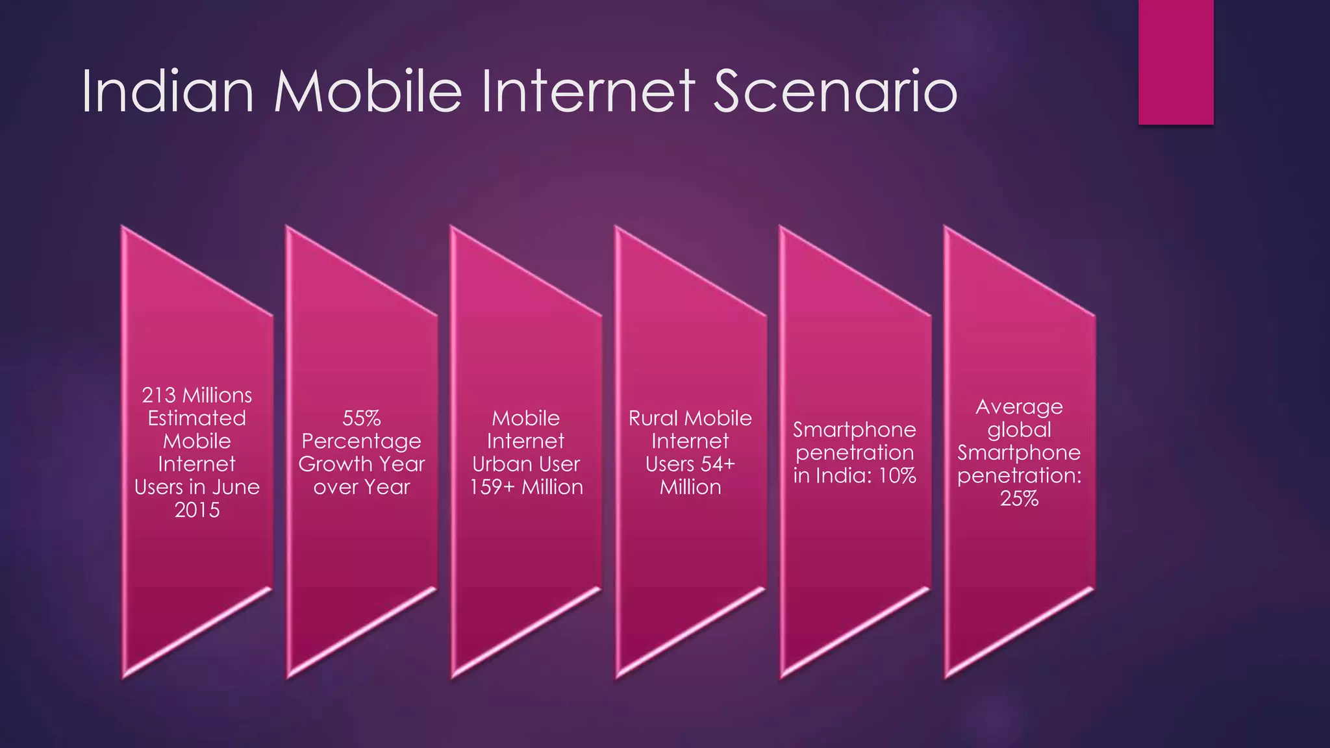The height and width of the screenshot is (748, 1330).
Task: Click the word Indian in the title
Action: [168, 92]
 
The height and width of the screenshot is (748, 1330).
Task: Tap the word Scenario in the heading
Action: [835, 92]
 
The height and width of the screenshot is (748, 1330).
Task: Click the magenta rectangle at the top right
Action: [1175, 62]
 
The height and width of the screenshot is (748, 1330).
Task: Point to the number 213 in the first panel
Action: [158, 395]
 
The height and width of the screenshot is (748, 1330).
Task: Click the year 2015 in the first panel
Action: [197, 510]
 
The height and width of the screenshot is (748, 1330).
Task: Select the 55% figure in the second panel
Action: [361, 418]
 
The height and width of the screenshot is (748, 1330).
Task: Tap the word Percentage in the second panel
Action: [361, 442]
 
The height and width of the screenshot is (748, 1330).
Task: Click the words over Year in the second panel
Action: [361, 487]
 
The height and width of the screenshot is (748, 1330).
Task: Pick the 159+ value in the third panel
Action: [492, 487]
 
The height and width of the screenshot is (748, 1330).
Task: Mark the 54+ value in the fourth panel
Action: [718, 464]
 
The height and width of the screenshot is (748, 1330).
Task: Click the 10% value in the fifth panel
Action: [897, 476]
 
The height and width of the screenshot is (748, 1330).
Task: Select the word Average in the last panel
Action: [1019, 407]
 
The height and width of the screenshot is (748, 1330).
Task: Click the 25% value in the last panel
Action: [1019, 499]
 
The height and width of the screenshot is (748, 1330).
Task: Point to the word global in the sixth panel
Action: [1019, 430]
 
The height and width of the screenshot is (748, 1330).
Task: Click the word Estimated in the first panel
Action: [197, 418]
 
